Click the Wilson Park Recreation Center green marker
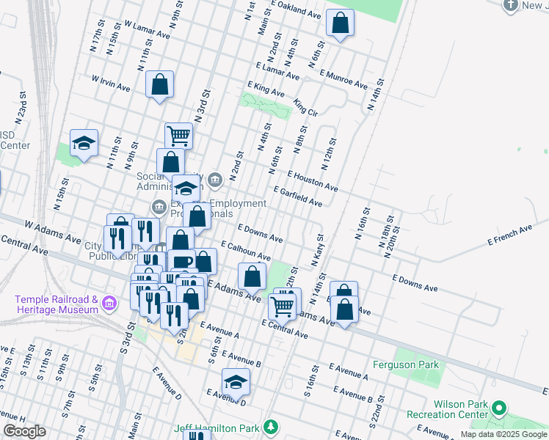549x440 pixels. tap(500, 407)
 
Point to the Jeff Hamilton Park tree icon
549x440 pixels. tap(271, 427)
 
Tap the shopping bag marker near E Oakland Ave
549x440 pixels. tap(340, 23)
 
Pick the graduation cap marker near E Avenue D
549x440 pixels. tap(236, 382)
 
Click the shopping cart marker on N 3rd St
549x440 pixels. tap(178, 136)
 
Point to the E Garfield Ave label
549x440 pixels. tap(297, 196)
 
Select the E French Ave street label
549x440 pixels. tap(509, 235)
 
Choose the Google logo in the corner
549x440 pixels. tap(24, 431)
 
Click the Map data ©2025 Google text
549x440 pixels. tap(504, 434)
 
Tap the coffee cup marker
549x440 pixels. tap(181, 262)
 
